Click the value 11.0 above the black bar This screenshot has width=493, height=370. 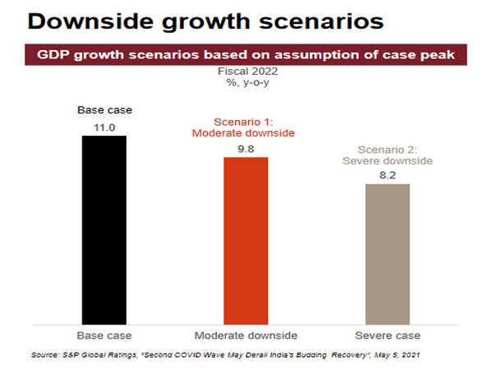104,127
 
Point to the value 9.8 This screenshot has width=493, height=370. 246,148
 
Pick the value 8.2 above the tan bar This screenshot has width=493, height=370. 387,174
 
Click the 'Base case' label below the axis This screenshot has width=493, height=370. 104,335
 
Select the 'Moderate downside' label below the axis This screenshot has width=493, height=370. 246,335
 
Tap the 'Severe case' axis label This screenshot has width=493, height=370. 387,335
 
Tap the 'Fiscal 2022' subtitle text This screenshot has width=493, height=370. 247,72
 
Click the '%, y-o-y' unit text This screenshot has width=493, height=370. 247,83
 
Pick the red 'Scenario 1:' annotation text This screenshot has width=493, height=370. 246,122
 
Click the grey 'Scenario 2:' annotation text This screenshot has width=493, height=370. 387,150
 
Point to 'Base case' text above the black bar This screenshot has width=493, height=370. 104,110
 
